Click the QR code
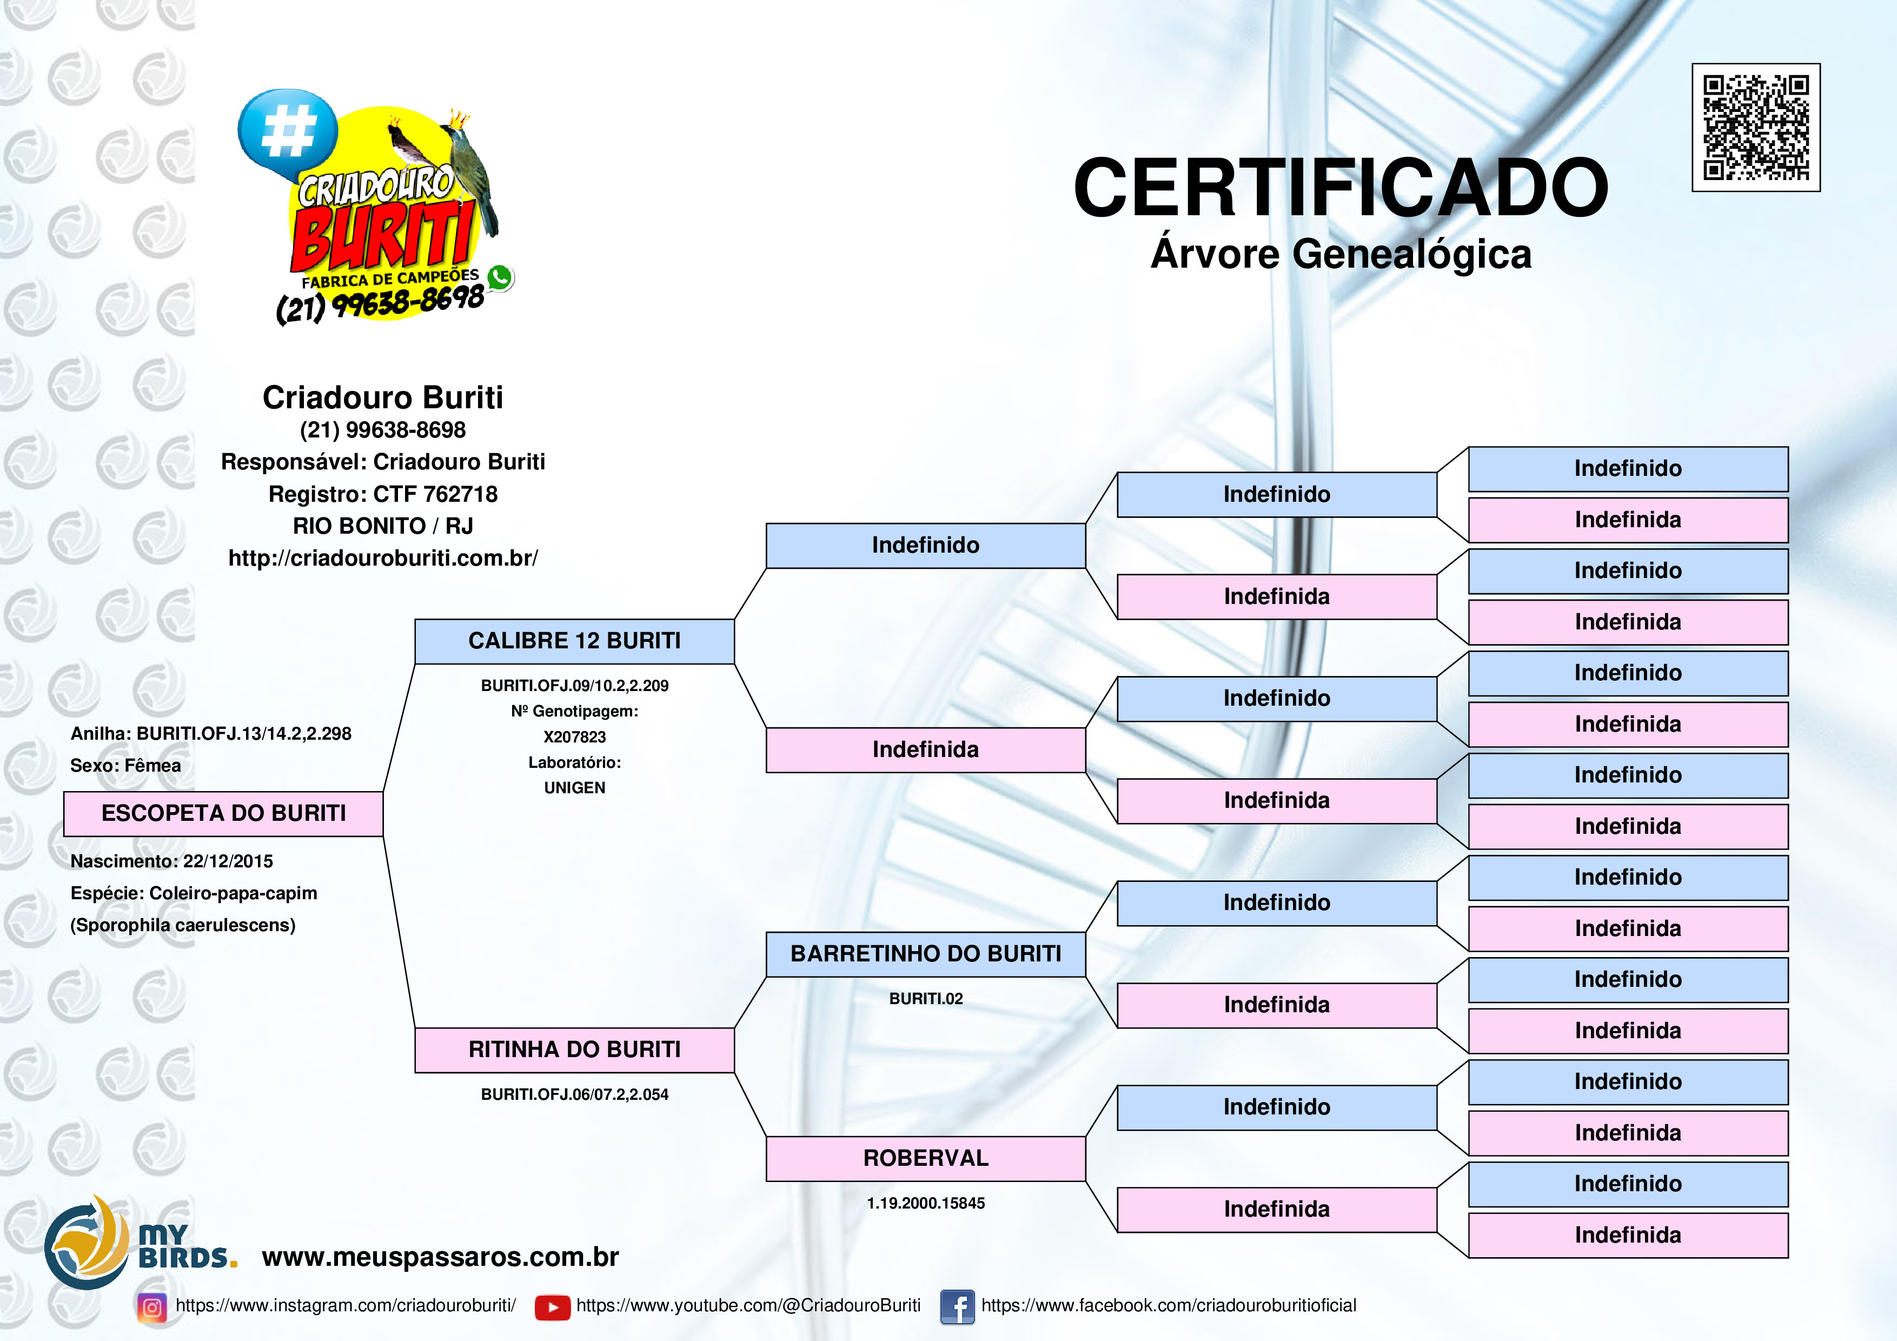1756,127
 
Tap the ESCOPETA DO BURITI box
223,814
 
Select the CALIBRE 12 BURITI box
574,641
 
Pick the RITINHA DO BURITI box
574,1050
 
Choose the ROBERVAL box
925,1158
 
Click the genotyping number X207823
574,737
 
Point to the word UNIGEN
574,788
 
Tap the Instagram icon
152,1307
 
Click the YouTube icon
552,1307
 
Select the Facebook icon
957,1307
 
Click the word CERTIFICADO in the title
1340,188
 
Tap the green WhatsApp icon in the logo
499,277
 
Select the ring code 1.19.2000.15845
925,1204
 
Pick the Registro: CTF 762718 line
382,494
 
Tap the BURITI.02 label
925,999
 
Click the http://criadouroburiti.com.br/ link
382,559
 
